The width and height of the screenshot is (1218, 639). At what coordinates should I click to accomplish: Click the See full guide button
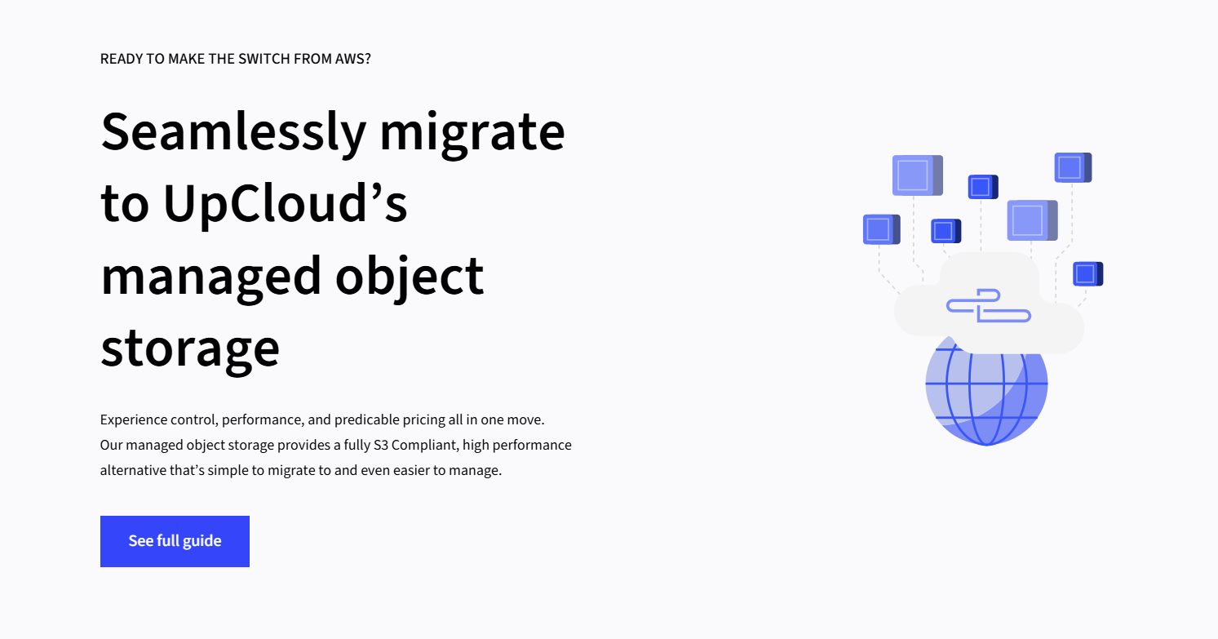(175, 541)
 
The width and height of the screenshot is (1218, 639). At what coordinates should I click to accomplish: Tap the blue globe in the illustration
(986, 400)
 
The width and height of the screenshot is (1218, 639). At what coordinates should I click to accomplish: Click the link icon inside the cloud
(988, 305)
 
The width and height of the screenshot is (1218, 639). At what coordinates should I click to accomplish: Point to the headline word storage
(190, 346)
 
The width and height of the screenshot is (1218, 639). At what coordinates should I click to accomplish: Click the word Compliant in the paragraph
(423, 445)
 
